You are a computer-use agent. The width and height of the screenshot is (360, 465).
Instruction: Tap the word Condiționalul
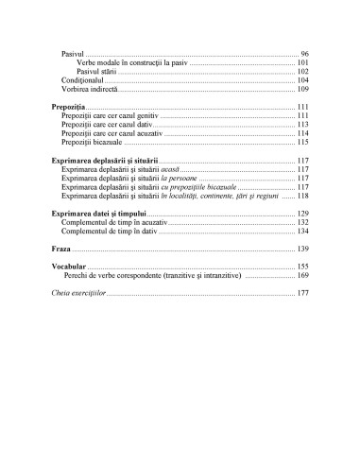[83, 80]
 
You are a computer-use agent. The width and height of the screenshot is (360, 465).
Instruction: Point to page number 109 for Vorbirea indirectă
[301, 89]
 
